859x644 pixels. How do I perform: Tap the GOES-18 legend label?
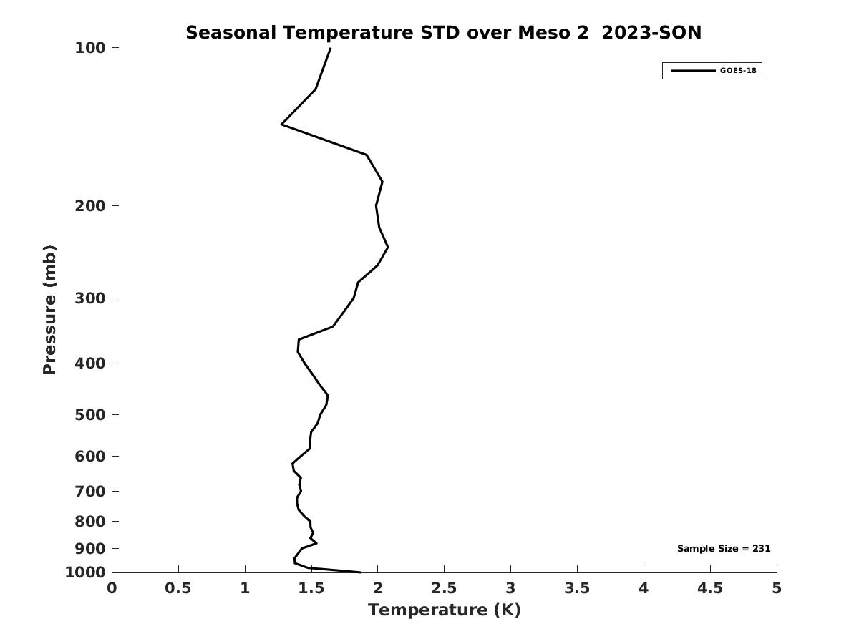click(738, 71)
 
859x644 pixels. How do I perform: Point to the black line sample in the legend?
click(692, 71)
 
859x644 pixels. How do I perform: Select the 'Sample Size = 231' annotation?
click(724, 549)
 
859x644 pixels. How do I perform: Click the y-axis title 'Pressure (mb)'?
click(49, 310)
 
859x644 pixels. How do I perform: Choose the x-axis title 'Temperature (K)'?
click(444, 610)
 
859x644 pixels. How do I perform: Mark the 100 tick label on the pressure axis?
click(90, 48)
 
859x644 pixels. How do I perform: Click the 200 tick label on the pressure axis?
click(90, 206)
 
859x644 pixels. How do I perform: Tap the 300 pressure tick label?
click(90, 298)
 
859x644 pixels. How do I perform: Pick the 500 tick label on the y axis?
click(90, 415)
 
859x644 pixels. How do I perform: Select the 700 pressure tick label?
click(90, 492)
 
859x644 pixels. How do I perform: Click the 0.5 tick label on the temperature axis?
click(178, 588)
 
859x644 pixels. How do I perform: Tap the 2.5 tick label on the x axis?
click(444, 588)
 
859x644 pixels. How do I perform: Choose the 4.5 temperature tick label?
click(710, 588)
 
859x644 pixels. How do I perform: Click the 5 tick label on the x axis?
click(777, 588)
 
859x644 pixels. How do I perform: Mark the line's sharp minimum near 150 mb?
click(282, 125)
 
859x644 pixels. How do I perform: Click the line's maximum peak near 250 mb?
click(387, 248)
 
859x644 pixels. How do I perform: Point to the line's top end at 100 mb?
click(330, 48)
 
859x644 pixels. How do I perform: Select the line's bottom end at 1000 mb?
click(360, 572)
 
